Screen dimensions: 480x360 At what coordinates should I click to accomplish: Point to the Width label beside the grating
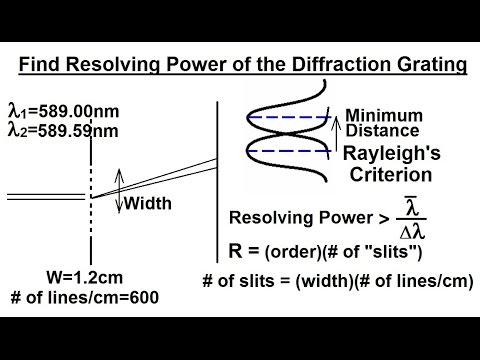pyautogui.click(x=147, y=203)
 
